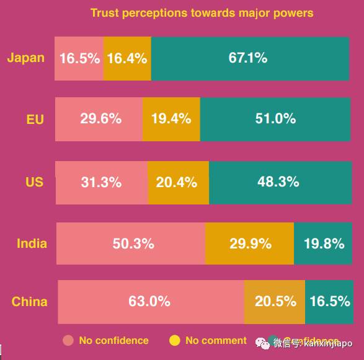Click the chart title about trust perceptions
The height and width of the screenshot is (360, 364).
[202, 12]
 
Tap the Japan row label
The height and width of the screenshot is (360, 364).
[26, 58]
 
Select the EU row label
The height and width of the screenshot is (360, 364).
[35, 119]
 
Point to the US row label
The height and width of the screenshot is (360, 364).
[34, 182]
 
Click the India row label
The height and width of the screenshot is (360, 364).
[32, 243]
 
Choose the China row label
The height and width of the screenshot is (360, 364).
[29, 302]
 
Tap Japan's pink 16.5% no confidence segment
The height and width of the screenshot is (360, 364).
[79, 58]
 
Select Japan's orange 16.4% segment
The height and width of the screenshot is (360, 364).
[127, 58]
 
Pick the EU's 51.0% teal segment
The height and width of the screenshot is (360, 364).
[275, 118]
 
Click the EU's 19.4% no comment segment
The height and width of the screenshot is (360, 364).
[171, 118]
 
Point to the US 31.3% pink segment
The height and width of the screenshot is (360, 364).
[102, 182]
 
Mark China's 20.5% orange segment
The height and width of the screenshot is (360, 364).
[275, 301]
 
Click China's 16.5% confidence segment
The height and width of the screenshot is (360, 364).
[328, 301]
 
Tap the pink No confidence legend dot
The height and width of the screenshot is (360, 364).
[68, 340]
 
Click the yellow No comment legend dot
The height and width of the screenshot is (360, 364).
[175, 340]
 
